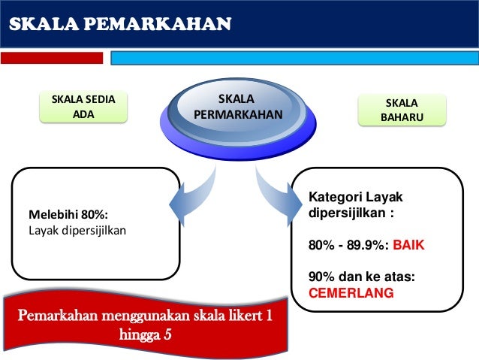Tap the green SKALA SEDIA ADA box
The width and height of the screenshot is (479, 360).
coord(83,107)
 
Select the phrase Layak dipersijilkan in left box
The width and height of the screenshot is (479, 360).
coord(77,229)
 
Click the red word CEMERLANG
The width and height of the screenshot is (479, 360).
coord(351,293)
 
